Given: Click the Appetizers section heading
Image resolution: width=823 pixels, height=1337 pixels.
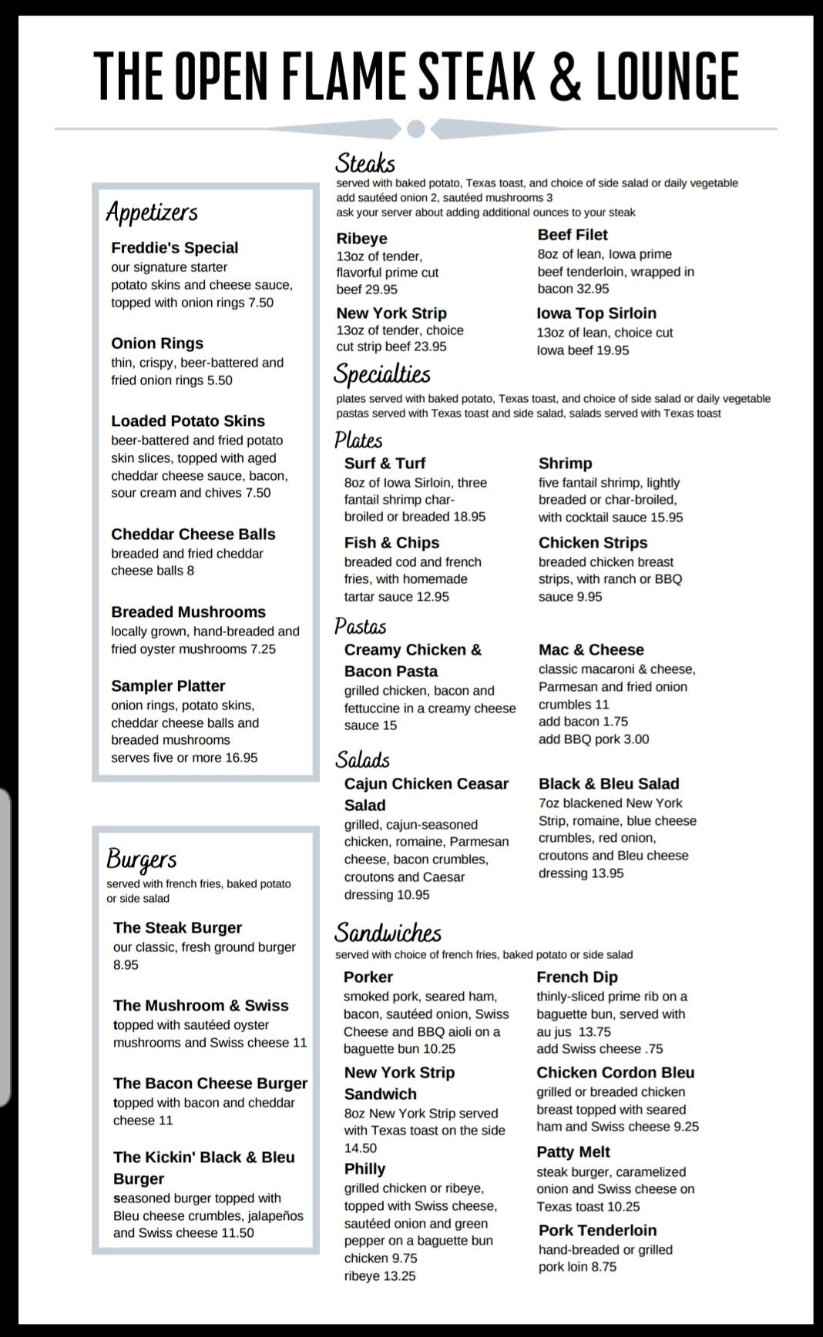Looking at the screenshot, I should (x=152, y=213).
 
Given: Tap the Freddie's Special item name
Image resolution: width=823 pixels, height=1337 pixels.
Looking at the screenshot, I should (x=174, y=248).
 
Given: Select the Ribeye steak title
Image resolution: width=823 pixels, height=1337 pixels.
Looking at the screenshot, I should (x=361, y=239).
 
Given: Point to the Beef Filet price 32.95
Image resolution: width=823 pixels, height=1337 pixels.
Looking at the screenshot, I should (x=593, y=289).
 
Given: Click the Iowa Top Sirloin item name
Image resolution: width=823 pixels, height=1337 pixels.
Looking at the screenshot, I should (x=596, y=313).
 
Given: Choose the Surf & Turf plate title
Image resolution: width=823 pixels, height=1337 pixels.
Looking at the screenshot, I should (x=385, y=464).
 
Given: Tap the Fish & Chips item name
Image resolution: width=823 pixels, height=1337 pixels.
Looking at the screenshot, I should (x=391, y=543).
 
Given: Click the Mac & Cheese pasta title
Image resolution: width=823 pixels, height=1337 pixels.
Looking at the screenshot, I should (x=591, y=650).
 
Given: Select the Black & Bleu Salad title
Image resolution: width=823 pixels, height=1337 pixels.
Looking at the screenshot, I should (x=609, y=784).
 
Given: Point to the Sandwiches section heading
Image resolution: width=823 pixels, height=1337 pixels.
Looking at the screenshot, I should (x=388, y=933).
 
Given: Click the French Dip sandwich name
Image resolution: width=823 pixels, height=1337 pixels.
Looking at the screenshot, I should (x=577, y=977).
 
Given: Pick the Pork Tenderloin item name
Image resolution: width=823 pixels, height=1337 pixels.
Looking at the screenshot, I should (x=597, y=1231).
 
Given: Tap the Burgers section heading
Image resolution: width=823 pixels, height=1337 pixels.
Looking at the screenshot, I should (x=142, y=859).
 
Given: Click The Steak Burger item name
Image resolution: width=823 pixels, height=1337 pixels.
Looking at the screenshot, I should (x=177, y=928).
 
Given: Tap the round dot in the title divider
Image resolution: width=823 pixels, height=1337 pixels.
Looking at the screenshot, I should (x=415, y=129).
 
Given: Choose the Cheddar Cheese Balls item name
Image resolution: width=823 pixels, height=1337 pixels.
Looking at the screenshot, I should (x=193, y=534).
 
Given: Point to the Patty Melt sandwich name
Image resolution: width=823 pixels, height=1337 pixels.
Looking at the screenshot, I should (x=573, y=1152).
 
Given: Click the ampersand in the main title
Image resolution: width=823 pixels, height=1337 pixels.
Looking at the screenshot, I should (x=566, y=76).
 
